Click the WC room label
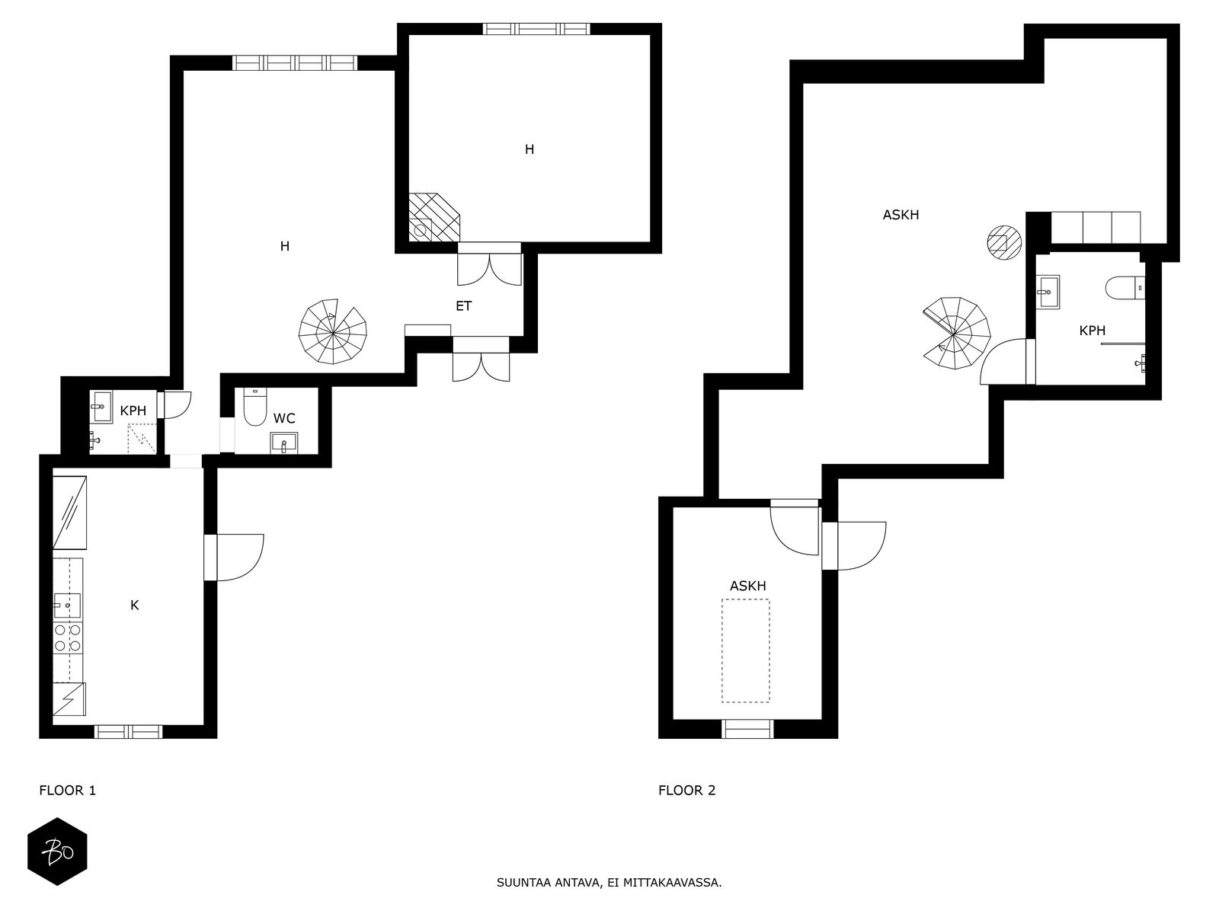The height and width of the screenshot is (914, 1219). click(x=283, y=418)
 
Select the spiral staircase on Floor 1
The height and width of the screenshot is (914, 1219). click(x=333, y=332)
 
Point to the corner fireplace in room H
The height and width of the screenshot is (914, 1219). click(x=434, y=218)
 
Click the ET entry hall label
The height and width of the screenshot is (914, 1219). click(x=464, y=305)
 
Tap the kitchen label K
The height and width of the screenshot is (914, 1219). click(x=134, y=606)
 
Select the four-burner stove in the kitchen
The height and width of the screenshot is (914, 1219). click(x=68, y=638)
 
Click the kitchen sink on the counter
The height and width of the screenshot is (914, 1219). click(x=67, y=606)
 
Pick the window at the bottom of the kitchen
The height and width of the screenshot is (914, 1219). click(x=128, y=731)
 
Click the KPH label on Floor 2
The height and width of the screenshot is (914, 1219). click(x=1092, y=331)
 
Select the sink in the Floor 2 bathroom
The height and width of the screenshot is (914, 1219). click(x=1048, y=292)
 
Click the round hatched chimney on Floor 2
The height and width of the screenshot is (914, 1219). click(x=1004, y=242)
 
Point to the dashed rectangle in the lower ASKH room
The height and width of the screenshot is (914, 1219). click(x=746, y=651)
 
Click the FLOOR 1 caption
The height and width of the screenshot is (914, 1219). click(x=68, y=791)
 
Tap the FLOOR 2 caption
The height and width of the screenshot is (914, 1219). click(x=687, y=791)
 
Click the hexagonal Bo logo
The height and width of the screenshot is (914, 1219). click(x=57, y=852)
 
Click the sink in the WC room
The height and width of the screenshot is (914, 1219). click(x=283, y=443)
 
